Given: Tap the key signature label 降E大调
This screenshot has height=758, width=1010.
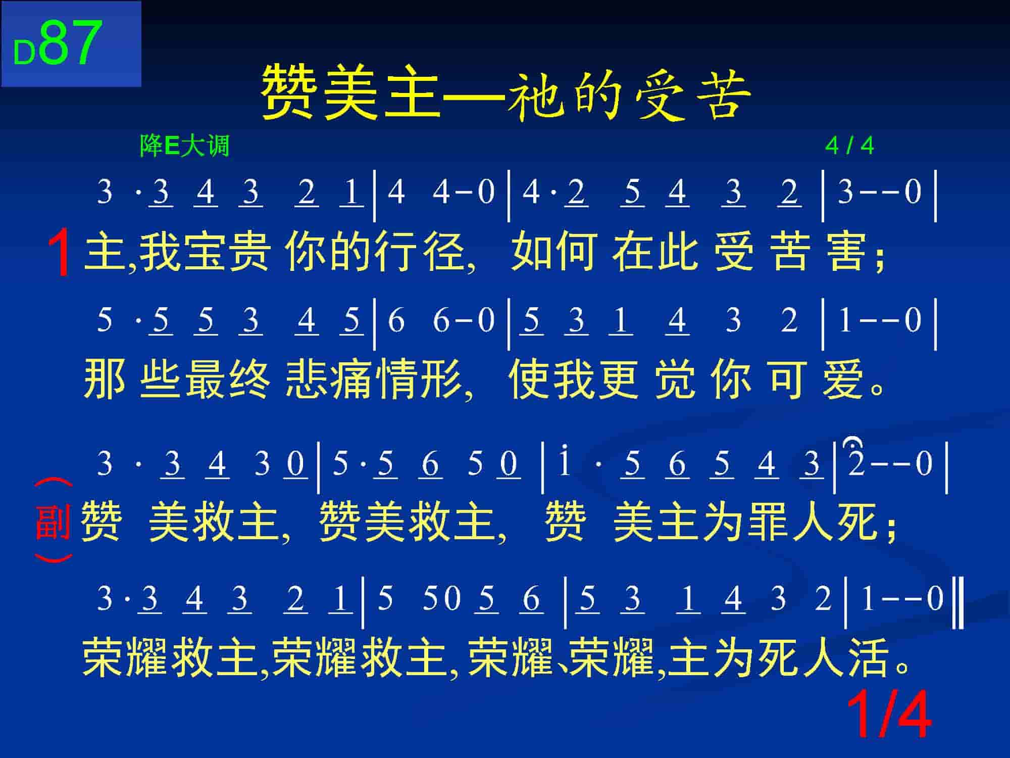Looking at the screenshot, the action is point(184,146).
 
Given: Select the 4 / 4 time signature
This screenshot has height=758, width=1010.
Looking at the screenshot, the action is point(849,146).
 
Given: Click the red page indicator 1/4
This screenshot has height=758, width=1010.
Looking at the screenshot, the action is point(888,716).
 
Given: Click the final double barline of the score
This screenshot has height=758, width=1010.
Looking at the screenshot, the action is point(958,605).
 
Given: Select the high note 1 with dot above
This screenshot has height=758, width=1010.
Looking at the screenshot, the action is point(564,460).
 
